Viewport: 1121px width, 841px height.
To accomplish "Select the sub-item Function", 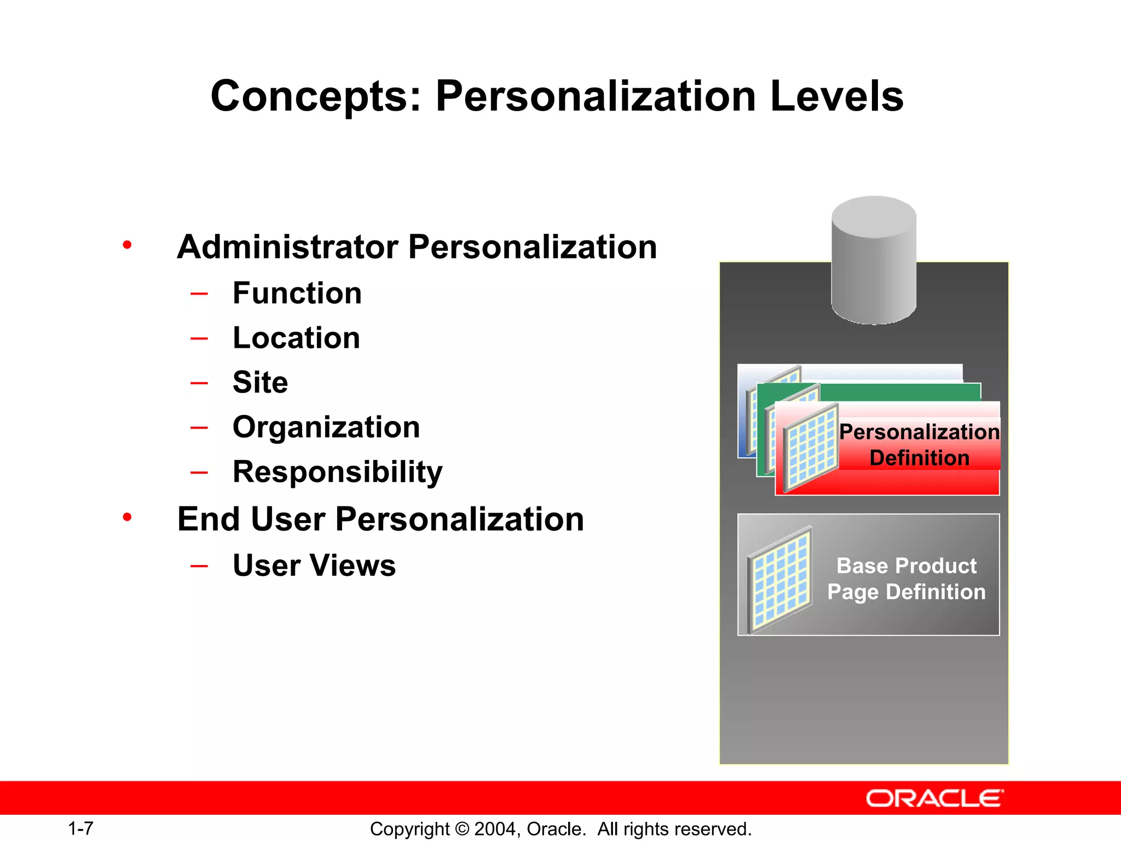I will pyautogui.click(x=297, y=293).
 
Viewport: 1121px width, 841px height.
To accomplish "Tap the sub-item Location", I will pyautogui.click(x=296, y=338).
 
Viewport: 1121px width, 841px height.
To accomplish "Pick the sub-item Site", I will pyautogui.click(x=260, y=382).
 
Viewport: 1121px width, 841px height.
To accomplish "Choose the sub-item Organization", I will pyautogui.click(x=326, y=427).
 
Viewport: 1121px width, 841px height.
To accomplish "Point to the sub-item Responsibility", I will pyautogui.click(x=337, y=472).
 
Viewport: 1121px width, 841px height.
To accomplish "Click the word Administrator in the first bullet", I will pyautogui.click(x=287, y=247).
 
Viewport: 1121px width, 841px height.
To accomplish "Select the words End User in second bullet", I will pyautogui.click(x=251, y=519).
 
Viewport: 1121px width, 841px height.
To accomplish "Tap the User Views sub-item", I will pyautogui.click(x=314, y=566).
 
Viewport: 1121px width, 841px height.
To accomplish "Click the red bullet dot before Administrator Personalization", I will pyautogui.click(x=127, y=245).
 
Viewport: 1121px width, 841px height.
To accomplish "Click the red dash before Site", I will pyautogui.click(x=199, y=383).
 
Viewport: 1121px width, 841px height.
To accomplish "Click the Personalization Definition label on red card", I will pyautogui.click(x=919, y=445).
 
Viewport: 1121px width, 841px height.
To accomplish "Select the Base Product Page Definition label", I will pyautogui.click(x=906, y=579).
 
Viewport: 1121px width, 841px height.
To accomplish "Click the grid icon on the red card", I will pyautogui.click(x=811, y=447).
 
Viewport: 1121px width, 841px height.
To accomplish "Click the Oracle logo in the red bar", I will pyautogui.click(x=934, y=798).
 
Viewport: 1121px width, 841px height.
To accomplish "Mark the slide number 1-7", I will pyautogui.click(x=80, y=828).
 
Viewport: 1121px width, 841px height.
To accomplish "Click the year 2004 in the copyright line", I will pyautogui.click(x=494, y=829).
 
